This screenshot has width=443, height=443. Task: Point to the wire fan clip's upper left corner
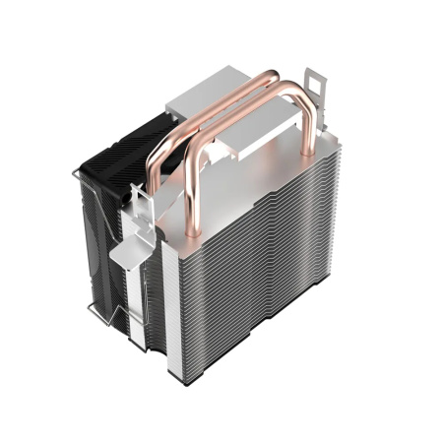(79, 175)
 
